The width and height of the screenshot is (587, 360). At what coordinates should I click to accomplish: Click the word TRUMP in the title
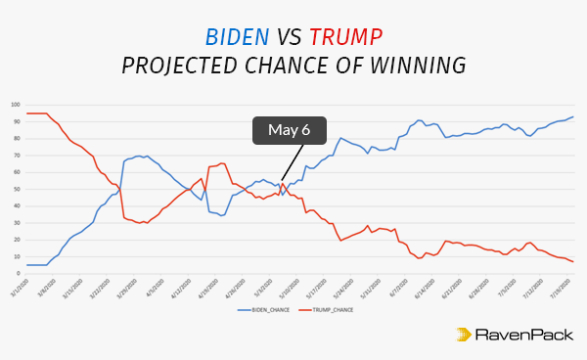pyautogui.click(x=345, y=37)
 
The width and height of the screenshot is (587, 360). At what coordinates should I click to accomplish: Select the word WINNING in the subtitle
pyautogui.click(x=418, y=67)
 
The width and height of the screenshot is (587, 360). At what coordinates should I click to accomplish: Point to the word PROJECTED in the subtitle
pyautogui.click(x=180, y=67)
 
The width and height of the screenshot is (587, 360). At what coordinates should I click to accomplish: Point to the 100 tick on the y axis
pyautogui.click(x=16, y=104)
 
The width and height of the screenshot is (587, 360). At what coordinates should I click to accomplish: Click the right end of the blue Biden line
pyautogui.click(x=573, y=116)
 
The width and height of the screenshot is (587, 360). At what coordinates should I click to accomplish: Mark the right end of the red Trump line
pyautogui.click(x=573, y=261)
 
